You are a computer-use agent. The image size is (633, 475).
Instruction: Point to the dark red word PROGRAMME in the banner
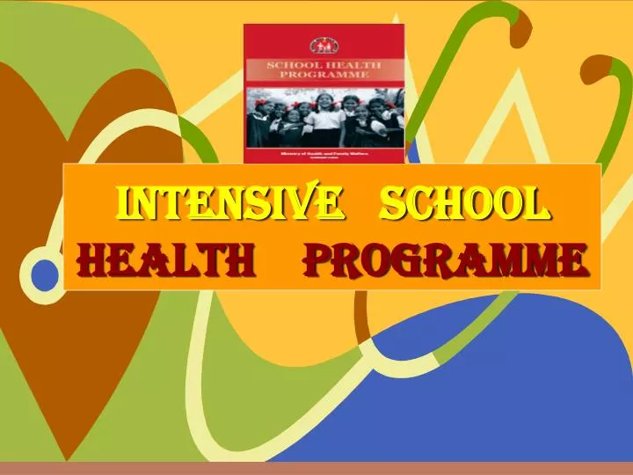coord(445,259)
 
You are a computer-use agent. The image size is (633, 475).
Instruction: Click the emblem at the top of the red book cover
coord(324,44)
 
